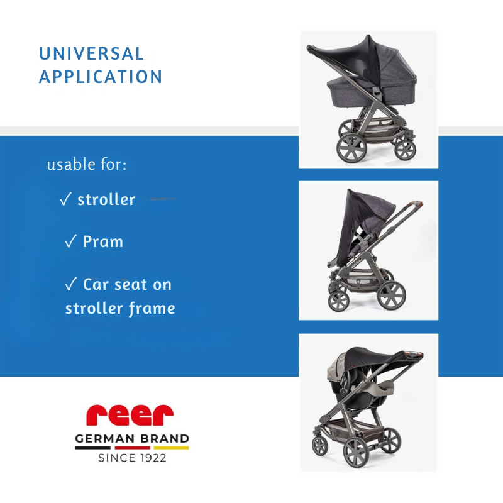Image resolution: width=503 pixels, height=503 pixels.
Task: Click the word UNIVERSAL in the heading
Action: [x=92, y=54]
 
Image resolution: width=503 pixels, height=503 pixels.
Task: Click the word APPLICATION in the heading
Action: [x=101, y=77]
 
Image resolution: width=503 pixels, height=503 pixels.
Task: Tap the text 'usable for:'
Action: [x=87, y=165]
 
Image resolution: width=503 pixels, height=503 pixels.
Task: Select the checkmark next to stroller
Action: [x=65, y=200]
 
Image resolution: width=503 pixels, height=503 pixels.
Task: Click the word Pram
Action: [x=103, y=241]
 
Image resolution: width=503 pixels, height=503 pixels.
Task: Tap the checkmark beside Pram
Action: [x=70, y=241]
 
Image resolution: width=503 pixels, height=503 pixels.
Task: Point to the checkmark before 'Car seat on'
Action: [x=70, y=284]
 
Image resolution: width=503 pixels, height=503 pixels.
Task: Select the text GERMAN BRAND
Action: [x=132, y=438]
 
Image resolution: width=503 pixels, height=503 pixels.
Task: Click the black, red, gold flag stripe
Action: [x=132, y=448]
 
